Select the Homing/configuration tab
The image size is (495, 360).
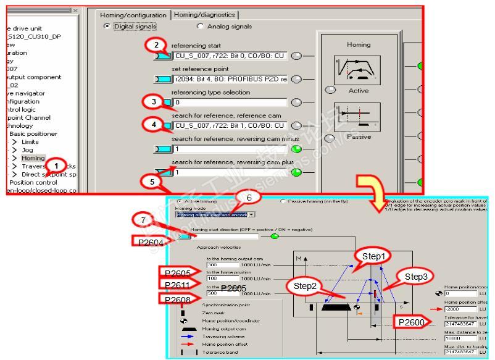point(133,15)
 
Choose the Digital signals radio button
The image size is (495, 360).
point(107,26)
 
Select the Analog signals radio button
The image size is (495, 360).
point(200,26)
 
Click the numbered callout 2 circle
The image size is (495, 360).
point(157,45)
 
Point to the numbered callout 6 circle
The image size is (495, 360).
point(249,197)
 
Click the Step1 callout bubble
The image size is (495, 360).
point(373,255)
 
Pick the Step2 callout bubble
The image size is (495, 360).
point(306,286)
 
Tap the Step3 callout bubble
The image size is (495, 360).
point(415,276)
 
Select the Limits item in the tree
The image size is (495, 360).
point(30,142)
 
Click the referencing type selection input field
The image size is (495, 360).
point(230,103)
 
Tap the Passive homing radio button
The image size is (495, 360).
point(283,201)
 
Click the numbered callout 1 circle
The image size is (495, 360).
point(57,165)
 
